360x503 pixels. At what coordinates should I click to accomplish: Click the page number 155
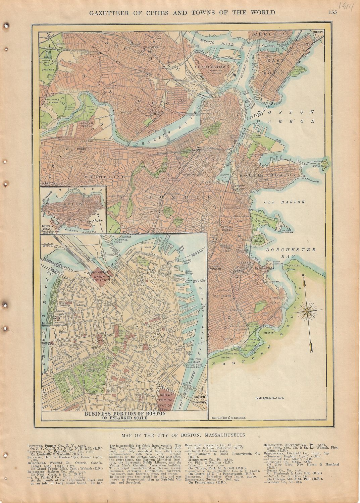click(332, 13)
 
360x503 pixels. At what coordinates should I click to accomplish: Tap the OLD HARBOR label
click(284, 202)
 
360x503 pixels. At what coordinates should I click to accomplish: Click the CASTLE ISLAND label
click(320, 166)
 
